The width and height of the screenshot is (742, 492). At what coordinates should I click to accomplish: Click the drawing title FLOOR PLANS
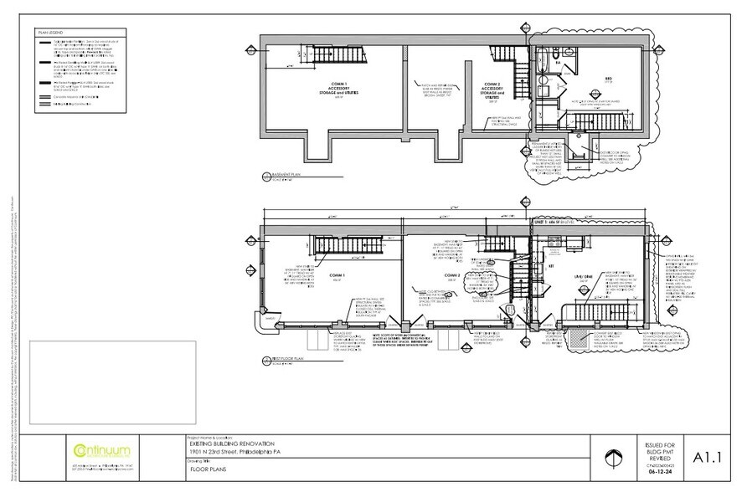click(209, 472)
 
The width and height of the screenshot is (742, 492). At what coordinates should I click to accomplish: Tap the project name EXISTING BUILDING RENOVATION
click(231, 445)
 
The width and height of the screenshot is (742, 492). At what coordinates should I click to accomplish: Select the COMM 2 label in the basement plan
click(492, 87)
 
